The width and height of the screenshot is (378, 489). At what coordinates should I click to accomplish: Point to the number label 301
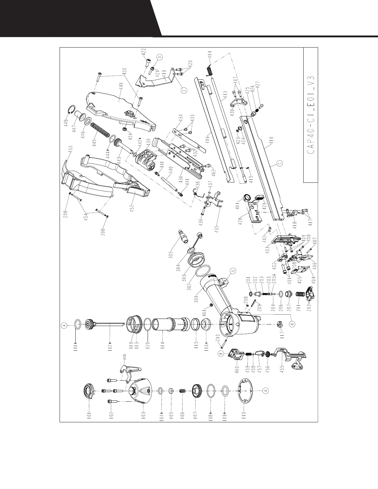click(196, 299)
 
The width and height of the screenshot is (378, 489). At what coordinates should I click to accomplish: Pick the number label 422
click(144, 53)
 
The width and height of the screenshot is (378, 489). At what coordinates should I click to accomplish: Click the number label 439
click(149, 144)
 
